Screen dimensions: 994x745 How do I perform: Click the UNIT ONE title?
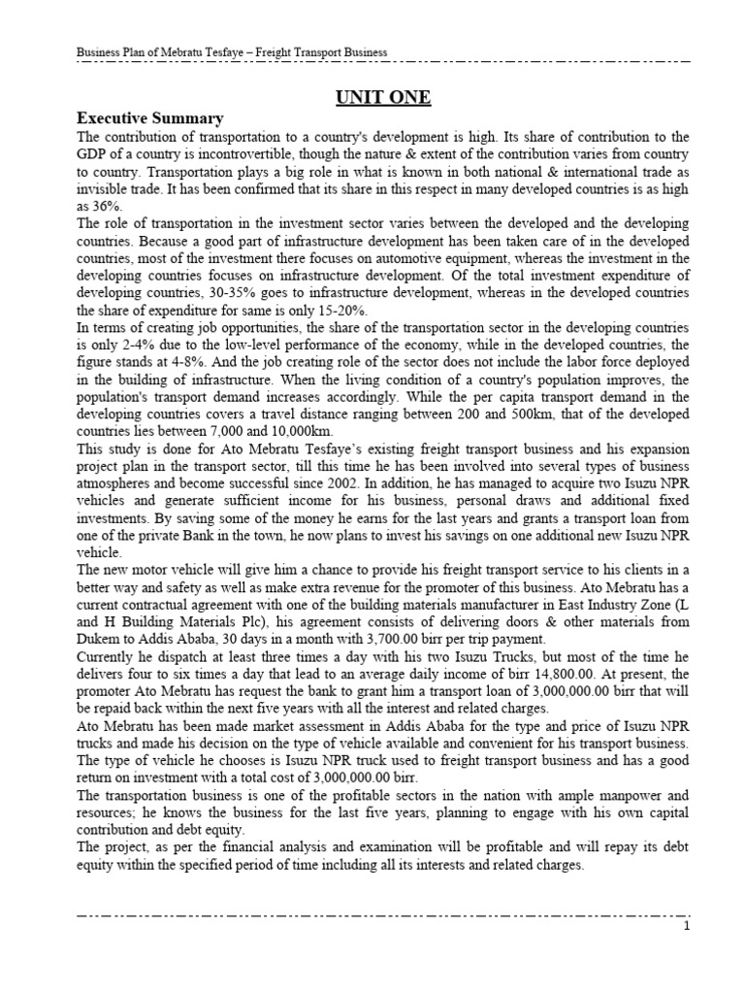[384, 98]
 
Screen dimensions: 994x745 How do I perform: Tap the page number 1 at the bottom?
[685, 927]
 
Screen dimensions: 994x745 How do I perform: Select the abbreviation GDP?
[93, 154]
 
